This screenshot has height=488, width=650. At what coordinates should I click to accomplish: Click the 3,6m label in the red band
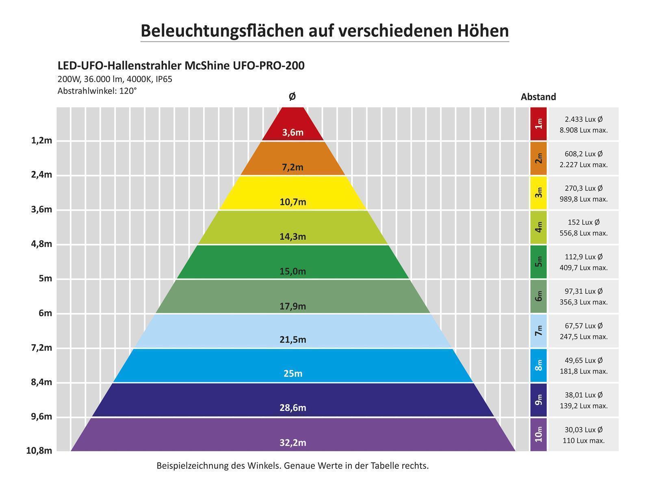[292, 133]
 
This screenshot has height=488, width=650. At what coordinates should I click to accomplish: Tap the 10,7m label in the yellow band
[292, 202]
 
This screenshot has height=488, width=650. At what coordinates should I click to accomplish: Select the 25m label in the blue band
[292, 373]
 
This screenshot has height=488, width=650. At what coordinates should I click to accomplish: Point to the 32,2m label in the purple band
[292, 442]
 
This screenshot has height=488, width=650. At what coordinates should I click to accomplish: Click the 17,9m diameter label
[292, 306]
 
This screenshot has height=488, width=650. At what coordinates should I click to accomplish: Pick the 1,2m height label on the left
[41, 141]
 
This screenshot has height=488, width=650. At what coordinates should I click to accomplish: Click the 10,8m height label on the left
[39, 451]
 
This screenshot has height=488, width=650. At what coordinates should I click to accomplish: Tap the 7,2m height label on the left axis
[41, 348]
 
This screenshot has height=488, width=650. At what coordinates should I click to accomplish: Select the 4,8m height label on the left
[41, 244]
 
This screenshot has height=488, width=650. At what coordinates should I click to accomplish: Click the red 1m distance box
[538, 124]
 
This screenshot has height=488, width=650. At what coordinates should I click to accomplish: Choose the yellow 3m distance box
[538, 193]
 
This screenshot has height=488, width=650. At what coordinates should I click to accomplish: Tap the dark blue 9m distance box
[538, 400]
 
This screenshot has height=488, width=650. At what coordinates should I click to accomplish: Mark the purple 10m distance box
[538, 434]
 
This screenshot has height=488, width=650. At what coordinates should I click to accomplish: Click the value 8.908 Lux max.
[583, 130]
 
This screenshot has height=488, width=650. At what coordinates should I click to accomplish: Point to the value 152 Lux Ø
[583, 222]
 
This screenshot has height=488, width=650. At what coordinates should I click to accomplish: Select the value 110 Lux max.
[583, 440]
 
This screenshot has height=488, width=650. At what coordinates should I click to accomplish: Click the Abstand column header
[538, 97]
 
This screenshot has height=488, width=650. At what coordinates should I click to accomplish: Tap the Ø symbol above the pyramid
[292, 96]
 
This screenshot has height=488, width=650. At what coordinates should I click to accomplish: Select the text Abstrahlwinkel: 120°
[97, 91]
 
